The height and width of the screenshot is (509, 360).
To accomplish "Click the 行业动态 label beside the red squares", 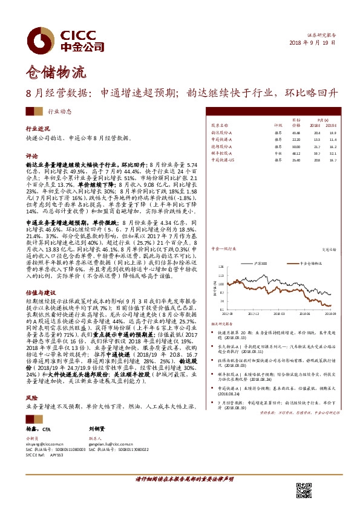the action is point(59,112).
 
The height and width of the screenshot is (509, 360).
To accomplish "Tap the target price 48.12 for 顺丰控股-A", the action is point(296,154).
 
